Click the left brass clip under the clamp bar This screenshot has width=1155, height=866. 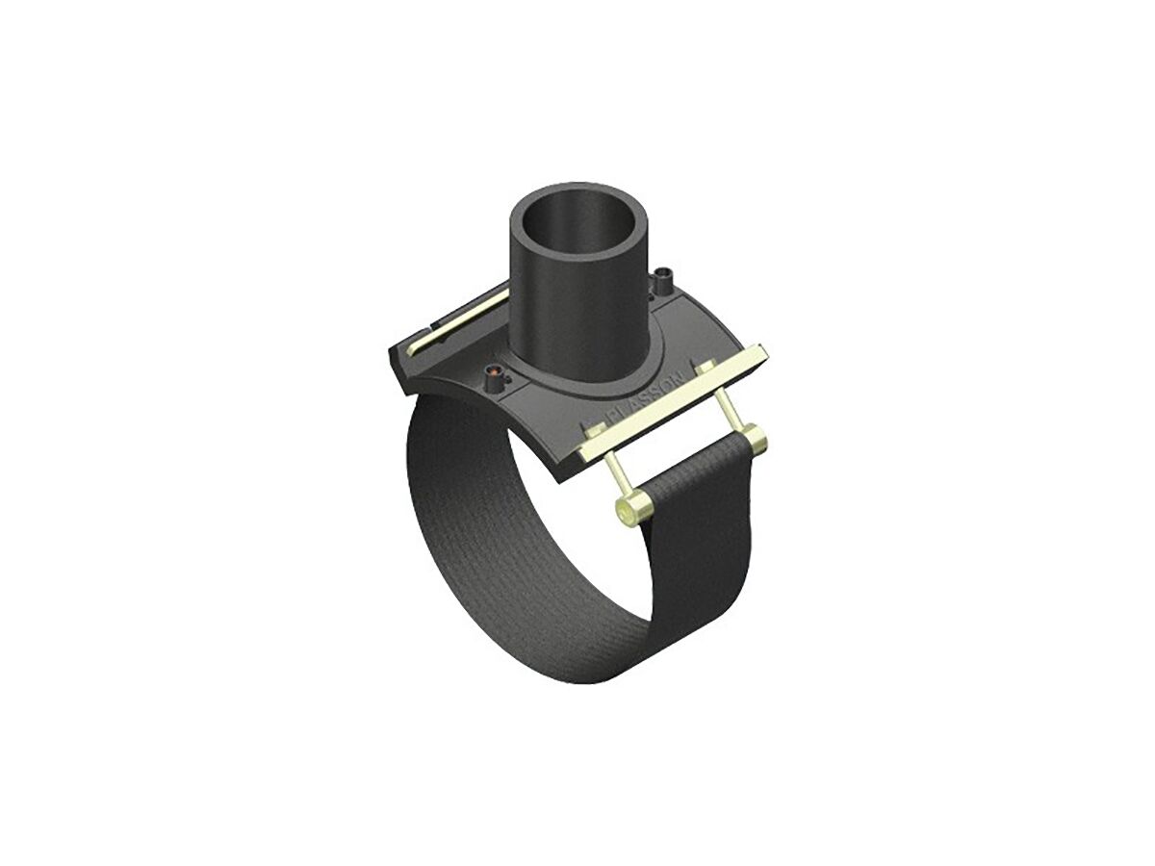coord(589,438)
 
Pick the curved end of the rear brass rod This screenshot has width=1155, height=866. coord(413,349)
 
